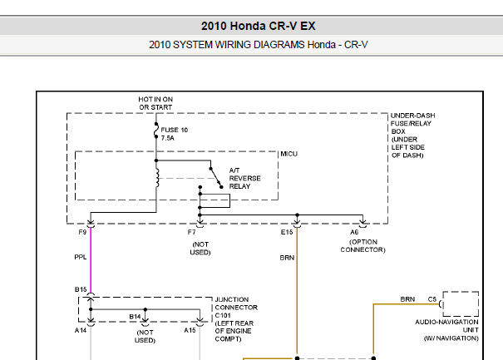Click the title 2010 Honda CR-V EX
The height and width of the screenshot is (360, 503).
click(x=259, y=26)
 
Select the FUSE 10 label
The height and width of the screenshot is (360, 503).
click(x=175, y=130)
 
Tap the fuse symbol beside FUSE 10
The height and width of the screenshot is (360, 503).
click(x=156, y=131)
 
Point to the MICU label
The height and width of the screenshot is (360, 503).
click(x=289, y=154)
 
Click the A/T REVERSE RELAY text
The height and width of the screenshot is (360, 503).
click(x=244, y=179)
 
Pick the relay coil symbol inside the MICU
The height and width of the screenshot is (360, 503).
click(x=157, y=178)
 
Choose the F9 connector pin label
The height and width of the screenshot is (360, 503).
click(x=82, y=232)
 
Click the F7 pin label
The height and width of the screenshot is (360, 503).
click(x=191, y=232)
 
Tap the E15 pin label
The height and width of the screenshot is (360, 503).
click(x=287, y=232)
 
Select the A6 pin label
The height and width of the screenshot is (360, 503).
click(x=354, y=232)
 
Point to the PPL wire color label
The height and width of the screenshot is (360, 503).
click(x=81, y=258)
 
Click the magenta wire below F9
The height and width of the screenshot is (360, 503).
click(x=91, y=260)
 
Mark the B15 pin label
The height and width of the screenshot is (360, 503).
click(x=81, y=289)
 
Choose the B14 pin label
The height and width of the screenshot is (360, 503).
click(x=135, y=317)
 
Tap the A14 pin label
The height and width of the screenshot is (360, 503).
click(x=81, y=330)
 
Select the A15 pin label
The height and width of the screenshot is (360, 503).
click(x=190, y=330)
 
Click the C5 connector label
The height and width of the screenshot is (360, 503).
click(x=432, y=299)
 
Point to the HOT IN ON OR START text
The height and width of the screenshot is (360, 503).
click(x=155, y=103)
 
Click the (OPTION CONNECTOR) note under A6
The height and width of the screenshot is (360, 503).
click(x=362, y=246)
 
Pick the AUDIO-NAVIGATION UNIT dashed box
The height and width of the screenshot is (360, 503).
click(x=461, y=292)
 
